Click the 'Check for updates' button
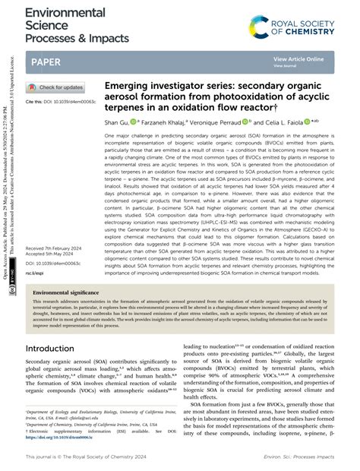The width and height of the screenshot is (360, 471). click(55, 87)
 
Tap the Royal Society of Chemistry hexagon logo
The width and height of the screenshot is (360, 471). click(260, 29)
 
